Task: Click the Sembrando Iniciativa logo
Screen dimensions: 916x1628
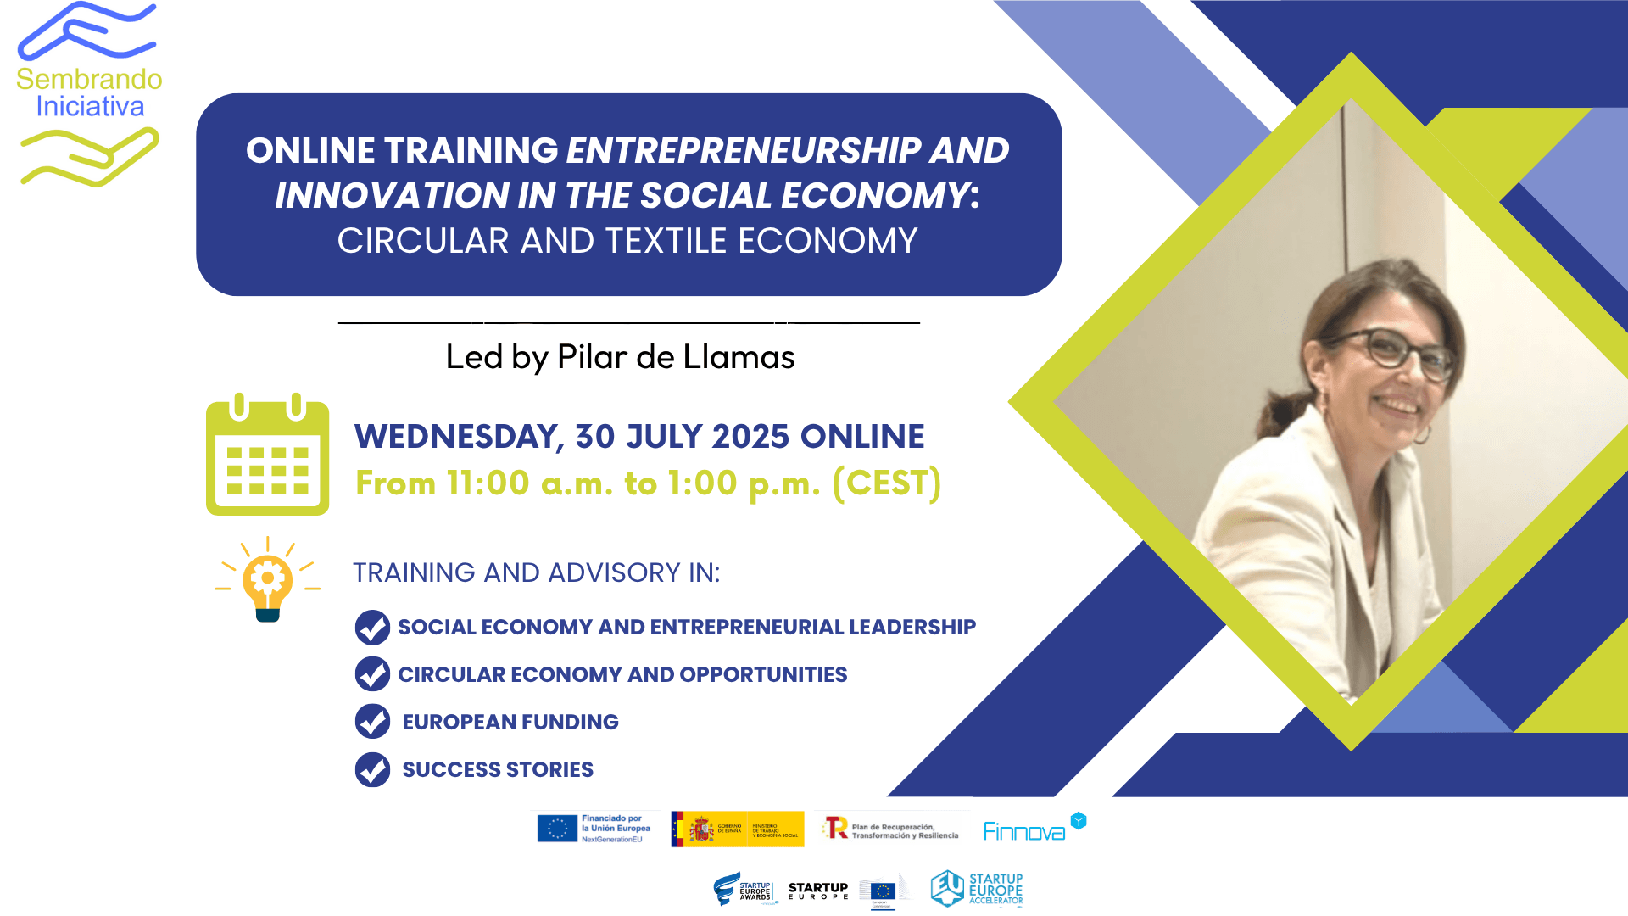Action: [89, 93]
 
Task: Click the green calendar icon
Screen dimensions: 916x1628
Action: [267, 455]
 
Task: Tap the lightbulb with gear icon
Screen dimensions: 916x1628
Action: [268, 580]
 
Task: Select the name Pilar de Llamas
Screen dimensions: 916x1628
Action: [675, 357]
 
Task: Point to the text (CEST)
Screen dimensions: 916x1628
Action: [886, 483]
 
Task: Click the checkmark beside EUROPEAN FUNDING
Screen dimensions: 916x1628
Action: [372, 722]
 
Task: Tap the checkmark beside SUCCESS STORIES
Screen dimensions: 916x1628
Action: [372, 769]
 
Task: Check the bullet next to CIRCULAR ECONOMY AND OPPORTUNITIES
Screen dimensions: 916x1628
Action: [372, 674]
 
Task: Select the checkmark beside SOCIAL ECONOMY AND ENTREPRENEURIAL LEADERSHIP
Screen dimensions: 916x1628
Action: [372, 628]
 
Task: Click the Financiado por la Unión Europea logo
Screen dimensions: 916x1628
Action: [594, 829]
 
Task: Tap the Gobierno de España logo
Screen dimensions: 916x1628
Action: [737, 829]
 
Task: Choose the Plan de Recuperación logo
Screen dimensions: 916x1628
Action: [891, 829]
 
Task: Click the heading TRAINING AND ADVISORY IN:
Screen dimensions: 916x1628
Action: [536, 573]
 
